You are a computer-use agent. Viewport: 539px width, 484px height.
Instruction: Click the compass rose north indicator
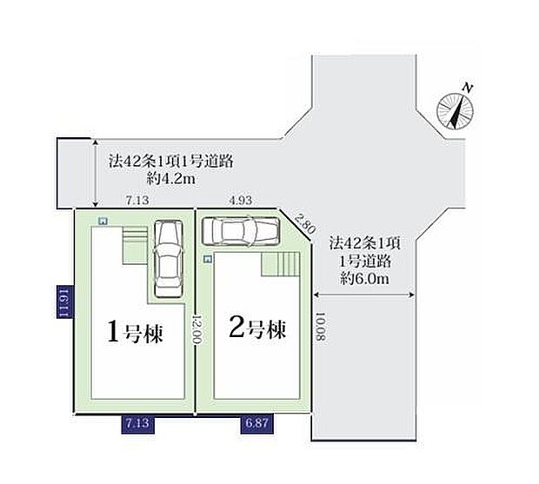pos(456,111)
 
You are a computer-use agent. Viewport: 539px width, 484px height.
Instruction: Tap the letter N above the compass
pos(467,88)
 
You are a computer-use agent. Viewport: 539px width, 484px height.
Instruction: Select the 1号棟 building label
pos(135,331)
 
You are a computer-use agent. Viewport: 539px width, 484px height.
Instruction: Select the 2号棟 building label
pos(257,328)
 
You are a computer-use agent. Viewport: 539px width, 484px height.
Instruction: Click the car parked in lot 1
pos(168,258)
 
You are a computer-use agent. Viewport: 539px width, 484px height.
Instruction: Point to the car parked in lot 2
pos(240,231)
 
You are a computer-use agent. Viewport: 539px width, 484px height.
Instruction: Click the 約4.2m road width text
pos(171,179)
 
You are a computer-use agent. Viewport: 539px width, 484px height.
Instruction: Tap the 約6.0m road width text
pos(365,278)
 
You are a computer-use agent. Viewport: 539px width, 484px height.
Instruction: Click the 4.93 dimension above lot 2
pos(241,200)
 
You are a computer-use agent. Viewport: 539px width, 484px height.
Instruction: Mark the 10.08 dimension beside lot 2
pos(320,327)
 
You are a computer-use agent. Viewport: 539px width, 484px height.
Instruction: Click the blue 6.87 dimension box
pos(256,423)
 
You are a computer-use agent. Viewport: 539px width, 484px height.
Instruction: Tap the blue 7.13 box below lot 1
pos(137,424)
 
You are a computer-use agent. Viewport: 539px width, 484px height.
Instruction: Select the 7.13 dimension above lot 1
pos(137,200)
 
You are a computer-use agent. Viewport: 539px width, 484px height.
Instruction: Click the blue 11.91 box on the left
pos(65,302)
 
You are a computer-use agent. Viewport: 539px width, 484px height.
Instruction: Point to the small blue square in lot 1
pos(103,221)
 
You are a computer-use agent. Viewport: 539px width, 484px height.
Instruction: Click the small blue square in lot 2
pos(207,259)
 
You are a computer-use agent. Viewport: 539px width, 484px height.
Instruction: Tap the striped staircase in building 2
pos(281,264)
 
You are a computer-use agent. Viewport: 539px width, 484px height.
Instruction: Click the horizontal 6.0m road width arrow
pos(364,295)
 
